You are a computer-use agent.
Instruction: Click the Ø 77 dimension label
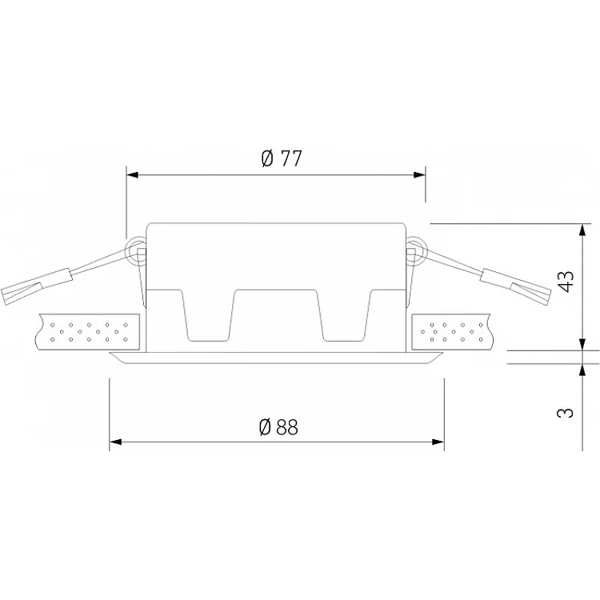point(282,158)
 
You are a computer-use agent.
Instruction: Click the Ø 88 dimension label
point(278,427)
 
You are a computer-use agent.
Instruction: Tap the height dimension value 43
point(566,282)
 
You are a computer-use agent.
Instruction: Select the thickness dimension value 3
point(566,413)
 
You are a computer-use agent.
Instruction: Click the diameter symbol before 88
point(266,427)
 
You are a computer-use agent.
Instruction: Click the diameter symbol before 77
point(269,158)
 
